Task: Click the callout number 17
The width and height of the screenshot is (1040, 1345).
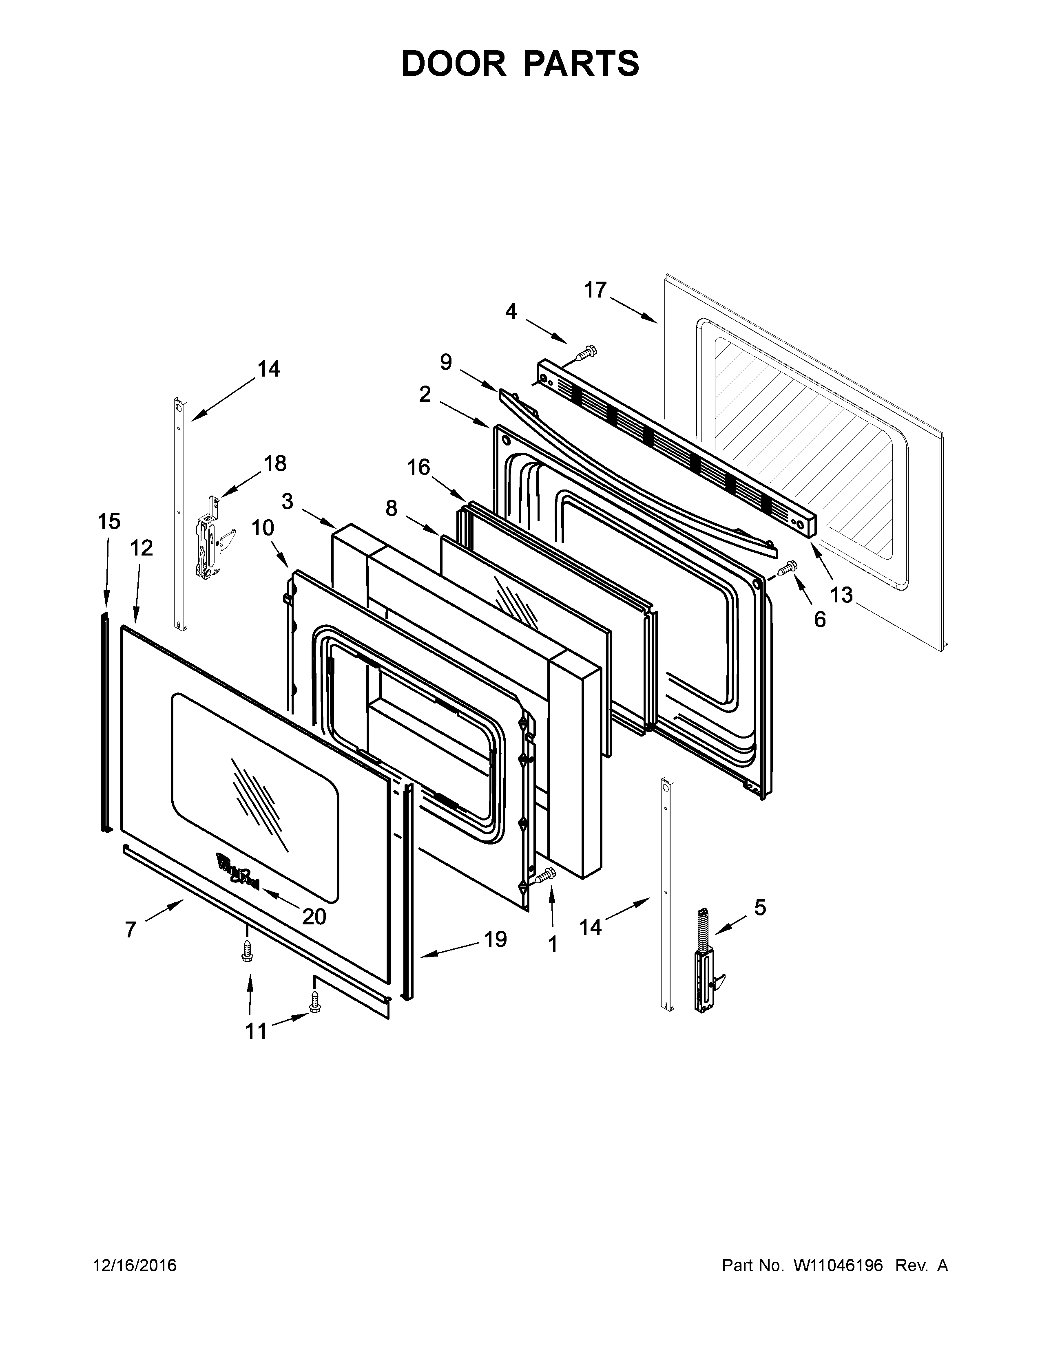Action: [x=595, y=290]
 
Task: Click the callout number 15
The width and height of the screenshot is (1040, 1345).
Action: [x=109, y=522]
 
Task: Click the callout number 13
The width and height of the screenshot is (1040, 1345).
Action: [x=841, y=595]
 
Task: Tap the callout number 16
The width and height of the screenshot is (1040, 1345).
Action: [x=418, y=467]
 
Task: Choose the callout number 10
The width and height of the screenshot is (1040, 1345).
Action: [x=263, y=528]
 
